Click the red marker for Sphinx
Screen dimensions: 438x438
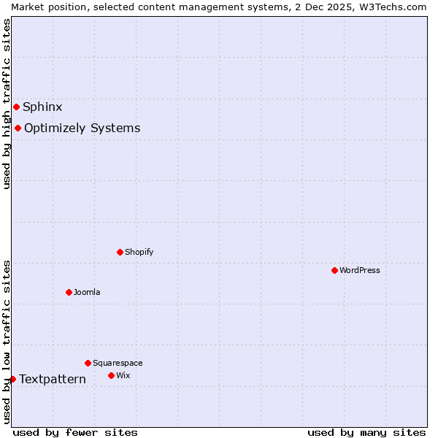click(x=16, y=107)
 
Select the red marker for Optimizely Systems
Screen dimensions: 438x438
click(x=18, y=128)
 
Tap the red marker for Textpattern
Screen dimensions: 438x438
click(x=12, y=379)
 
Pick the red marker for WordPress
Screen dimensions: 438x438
click(x=334, y=270)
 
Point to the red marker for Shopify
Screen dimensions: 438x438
click(x=120, y=252)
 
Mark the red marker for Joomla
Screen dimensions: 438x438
click(x=69, y=292)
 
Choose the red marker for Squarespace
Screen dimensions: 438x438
click(x=88, y=363)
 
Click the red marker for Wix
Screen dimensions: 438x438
click(x=111, y=375)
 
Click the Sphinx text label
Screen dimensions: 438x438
click(x=42, y=107)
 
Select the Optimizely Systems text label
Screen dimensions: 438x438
click(x=82, y=128)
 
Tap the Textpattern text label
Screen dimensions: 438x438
click(x=53, y=379)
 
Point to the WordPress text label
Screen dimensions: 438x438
click(x=360, y=270)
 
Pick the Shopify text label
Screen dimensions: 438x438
click(x=139, y=252)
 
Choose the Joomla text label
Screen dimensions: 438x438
click(x=87, y=292)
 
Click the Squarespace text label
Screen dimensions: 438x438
click(x=118, y=363)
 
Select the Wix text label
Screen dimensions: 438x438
click(x=123, y=375)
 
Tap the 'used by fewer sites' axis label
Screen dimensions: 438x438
click(x=75, y=432)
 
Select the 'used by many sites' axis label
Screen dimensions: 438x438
click(x=366, y=432)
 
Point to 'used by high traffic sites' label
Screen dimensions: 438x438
click(x=7, y=104)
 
